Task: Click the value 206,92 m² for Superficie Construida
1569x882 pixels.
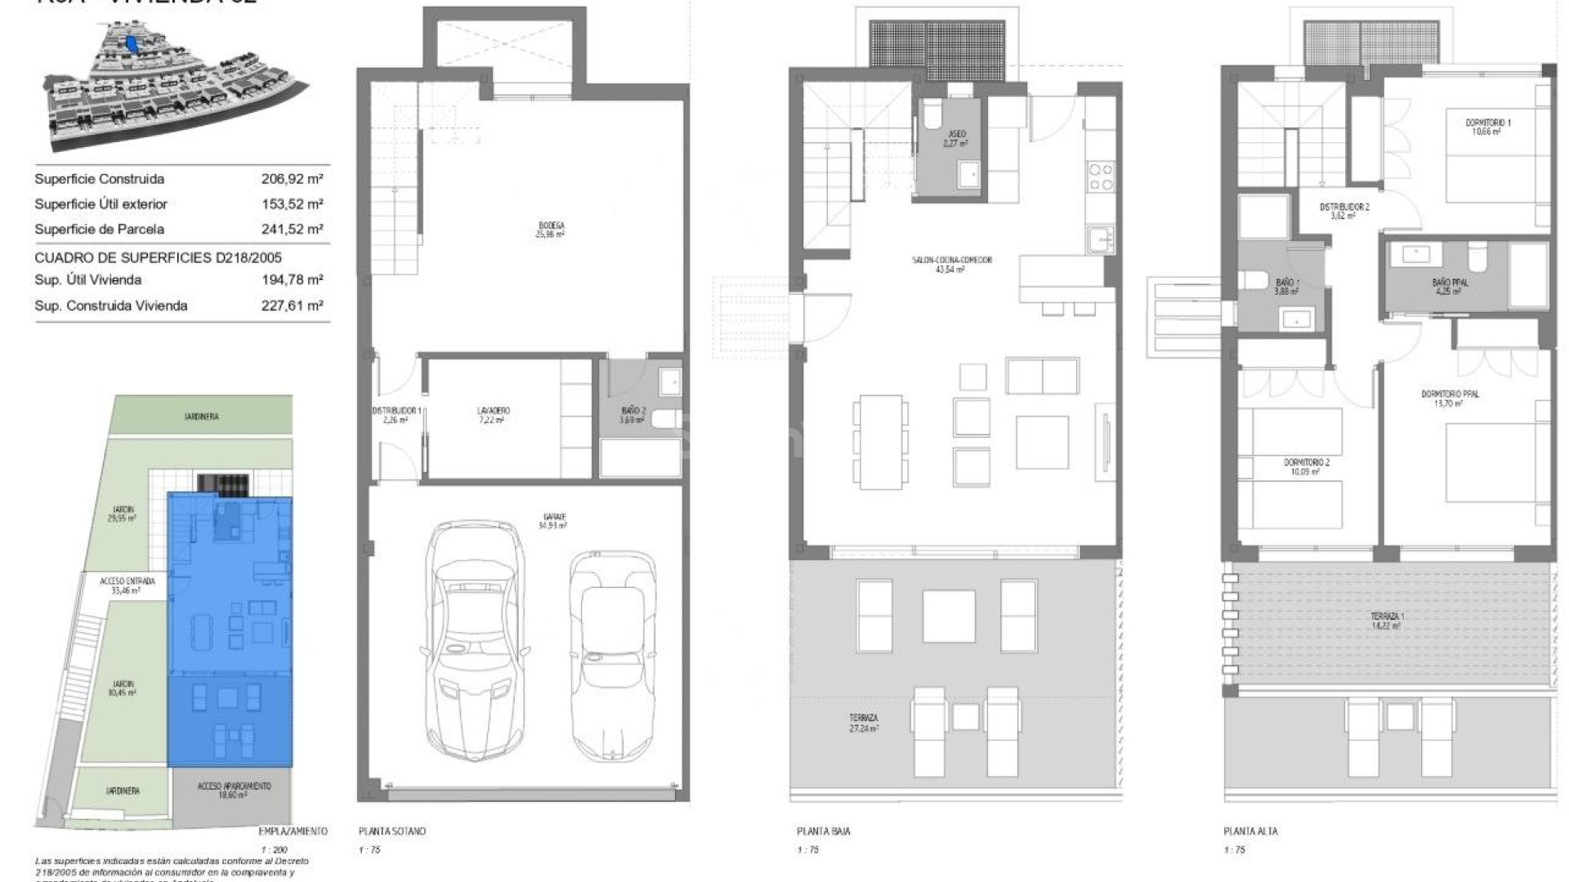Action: point(292,179)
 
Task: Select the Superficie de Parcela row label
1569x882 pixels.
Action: point(99,229)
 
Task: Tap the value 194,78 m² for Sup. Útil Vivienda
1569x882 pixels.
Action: point(292,280)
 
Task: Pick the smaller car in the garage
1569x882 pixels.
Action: point(613,653)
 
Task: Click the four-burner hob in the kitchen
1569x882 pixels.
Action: point(1100,177)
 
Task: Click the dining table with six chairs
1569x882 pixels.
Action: point(880,441)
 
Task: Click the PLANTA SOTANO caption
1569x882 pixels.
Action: point(391,831)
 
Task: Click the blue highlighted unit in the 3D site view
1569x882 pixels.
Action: point(132,42)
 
